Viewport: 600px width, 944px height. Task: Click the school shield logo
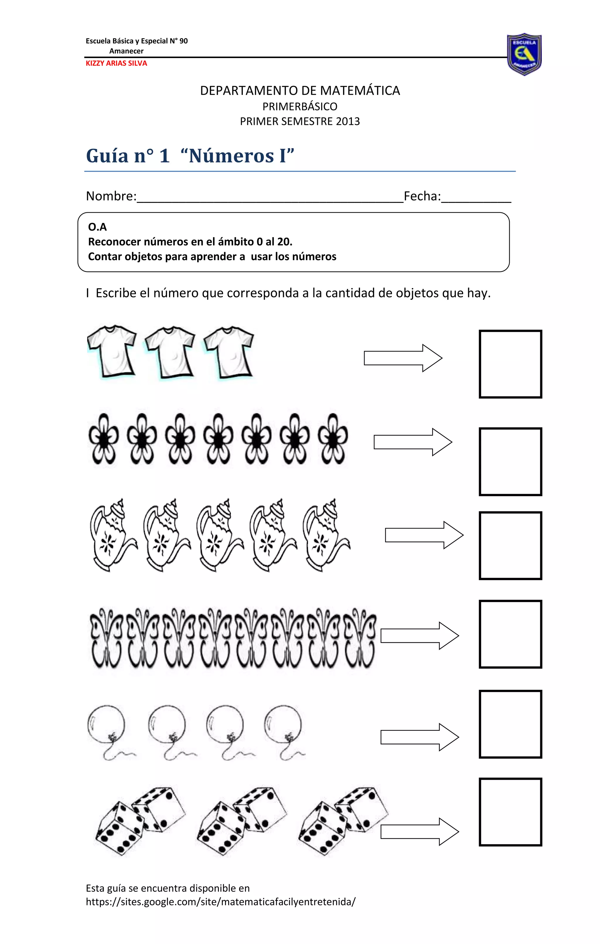524,54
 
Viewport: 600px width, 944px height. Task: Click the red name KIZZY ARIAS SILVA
116,63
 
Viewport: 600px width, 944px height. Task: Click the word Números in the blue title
231,156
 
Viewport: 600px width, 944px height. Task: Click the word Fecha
422,196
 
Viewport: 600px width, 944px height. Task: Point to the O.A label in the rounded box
97,227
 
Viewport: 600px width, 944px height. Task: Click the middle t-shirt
170,352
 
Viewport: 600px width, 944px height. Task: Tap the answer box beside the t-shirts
510,364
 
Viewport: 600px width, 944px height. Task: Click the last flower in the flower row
333,439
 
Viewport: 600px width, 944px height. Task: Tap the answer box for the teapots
510,545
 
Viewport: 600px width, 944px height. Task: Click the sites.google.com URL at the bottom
221,902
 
